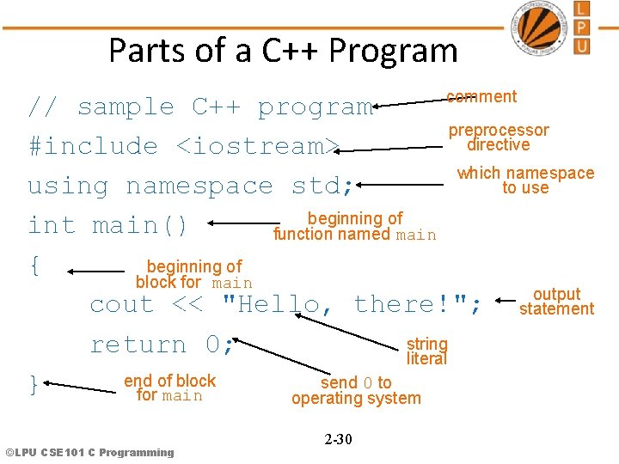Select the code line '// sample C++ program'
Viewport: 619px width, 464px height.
200,107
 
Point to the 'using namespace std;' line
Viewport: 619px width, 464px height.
190,186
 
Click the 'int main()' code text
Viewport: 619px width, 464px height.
107,225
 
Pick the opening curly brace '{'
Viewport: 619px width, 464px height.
34,266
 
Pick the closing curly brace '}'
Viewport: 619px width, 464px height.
34,384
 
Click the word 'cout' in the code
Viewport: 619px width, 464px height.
122,304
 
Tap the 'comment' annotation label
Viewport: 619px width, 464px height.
481,97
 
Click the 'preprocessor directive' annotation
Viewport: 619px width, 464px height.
499,137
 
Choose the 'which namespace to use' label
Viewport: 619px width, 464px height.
525,180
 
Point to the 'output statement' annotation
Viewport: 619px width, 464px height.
556,302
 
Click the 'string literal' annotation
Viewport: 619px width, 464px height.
427,351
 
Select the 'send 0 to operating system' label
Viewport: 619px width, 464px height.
356,390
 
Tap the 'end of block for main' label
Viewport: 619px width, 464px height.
169,388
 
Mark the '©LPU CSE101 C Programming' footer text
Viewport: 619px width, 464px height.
89,452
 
